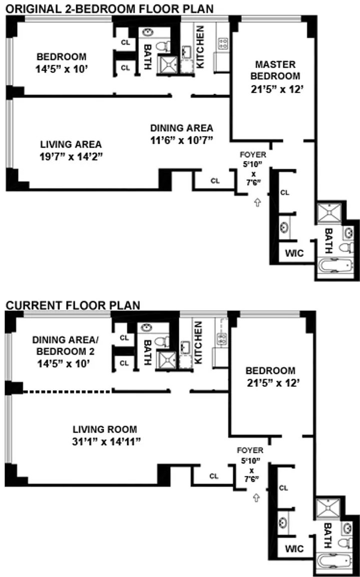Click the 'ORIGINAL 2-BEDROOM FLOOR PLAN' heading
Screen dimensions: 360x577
[110, 9]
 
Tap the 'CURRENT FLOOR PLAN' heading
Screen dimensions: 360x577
[73, 306]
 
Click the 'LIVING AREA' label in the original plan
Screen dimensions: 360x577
[71, 144]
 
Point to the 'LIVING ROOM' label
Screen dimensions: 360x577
[105, 429]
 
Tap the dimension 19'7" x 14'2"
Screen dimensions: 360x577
[71, 157]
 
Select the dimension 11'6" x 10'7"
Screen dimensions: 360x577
[182, 140]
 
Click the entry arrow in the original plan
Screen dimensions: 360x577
[257, 202]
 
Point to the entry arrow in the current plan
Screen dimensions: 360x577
[257, 498]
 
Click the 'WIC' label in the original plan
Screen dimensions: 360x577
[294, 253]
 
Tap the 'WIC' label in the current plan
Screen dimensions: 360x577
[294, 548]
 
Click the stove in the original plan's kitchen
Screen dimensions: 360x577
[223, 44]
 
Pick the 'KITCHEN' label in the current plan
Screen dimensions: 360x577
[198, 343]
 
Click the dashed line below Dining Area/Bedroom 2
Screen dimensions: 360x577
[66, 392]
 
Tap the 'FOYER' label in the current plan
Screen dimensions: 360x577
[250, 450]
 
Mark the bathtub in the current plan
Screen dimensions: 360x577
[334, 560]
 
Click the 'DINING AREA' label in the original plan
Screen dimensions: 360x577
[182, 128]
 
